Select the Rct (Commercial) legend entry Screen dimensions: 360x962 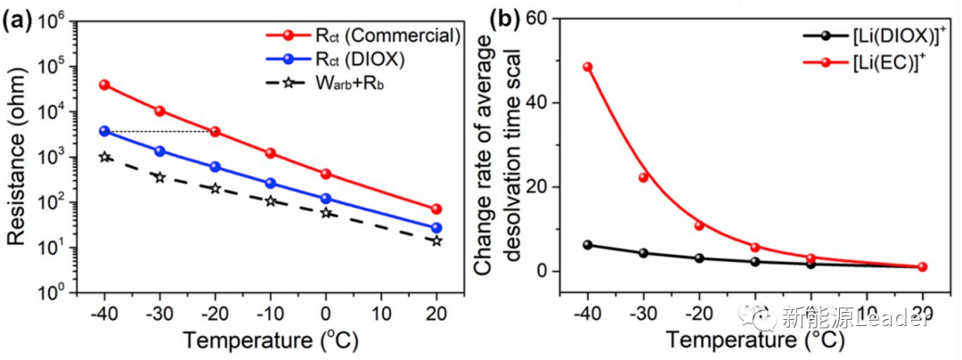point(363,36)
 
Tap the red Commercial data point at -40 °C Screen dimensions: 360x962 point(104,85)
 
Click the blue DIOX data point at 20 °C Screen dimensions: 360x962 point(436,228)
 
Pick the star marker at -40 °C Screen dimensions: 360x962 point(104,157)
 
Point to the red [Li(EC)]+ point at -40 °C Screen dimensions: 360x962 point(587,67)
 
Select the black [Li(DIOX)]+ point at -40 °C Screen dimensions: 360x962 point(587,245)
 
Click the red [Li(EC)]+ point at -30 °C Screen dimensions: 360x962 point(642,177)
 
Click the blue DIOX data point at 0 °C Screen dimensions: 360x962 point(326,199)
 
